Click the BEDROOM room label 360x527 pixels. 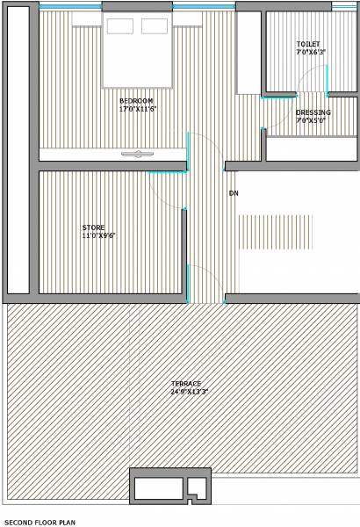pyautogui.click(x=136, y=101)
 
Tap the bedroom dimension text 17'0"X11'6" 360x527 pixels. pyautogui.click(x=138, y=109)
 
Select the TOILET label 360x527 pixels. pyautogui.click(x=308, y=44)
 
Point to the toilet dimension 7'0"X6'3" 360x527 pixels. pyautogui.click(x=311, y=52)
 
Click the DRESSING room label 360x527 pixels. pyautogui.click(x=313, y=112)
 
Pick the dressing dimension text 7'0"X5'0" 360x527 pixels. pyautogui.click(x=311, y=120)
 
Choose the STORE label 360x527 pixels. pyautogui.click(x=93, y=227)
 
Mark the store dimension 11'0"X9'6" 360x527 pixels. pyautogui.click(x=99, y=235)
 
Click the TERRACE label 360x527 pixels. pyautogui.click(x=186, y=383)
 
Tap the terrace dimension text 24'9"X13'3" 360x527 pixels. pyautogui.click(x=189, y=391)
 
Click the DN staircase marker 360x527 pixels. pyautogui.click(x=234, y=193)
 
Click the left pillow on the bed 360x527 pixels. pyautogui.click(x=120, y=25)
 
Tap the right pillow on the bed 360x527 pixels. pyautogui.click(x=154, y=25)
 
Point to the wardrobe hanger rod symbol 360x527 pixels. pyautogui.click(x=137, y=155)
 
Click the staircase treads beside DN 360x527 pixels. pyautogui.click(x=274, y=231)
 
